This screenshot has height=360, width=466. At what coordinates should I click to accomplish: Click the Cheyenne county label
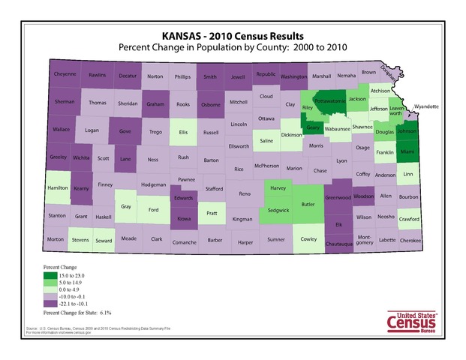[x=65, y=75]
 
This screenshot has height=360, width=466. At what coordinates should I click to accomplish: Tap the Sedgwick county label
[x=279, y=211]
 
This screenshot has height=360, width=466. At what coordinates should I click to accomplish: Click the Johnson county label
[x=407, y=130]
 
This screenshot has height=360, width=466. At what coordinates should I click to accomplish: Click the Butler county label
[x=308, y=202]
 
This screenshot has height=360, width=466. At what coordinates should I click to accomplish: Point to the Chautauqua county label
[x=341, y=244]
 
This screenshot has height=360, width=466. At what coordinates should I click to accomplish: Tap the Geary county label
[x=314, y=127]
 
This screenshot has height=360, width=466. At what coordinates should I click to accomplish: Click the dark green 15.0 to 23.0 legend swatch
[x=48, y=274]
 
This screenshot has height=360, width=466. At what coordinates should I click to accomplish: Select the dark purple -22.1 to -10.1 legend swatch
[x=48, y=303]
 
